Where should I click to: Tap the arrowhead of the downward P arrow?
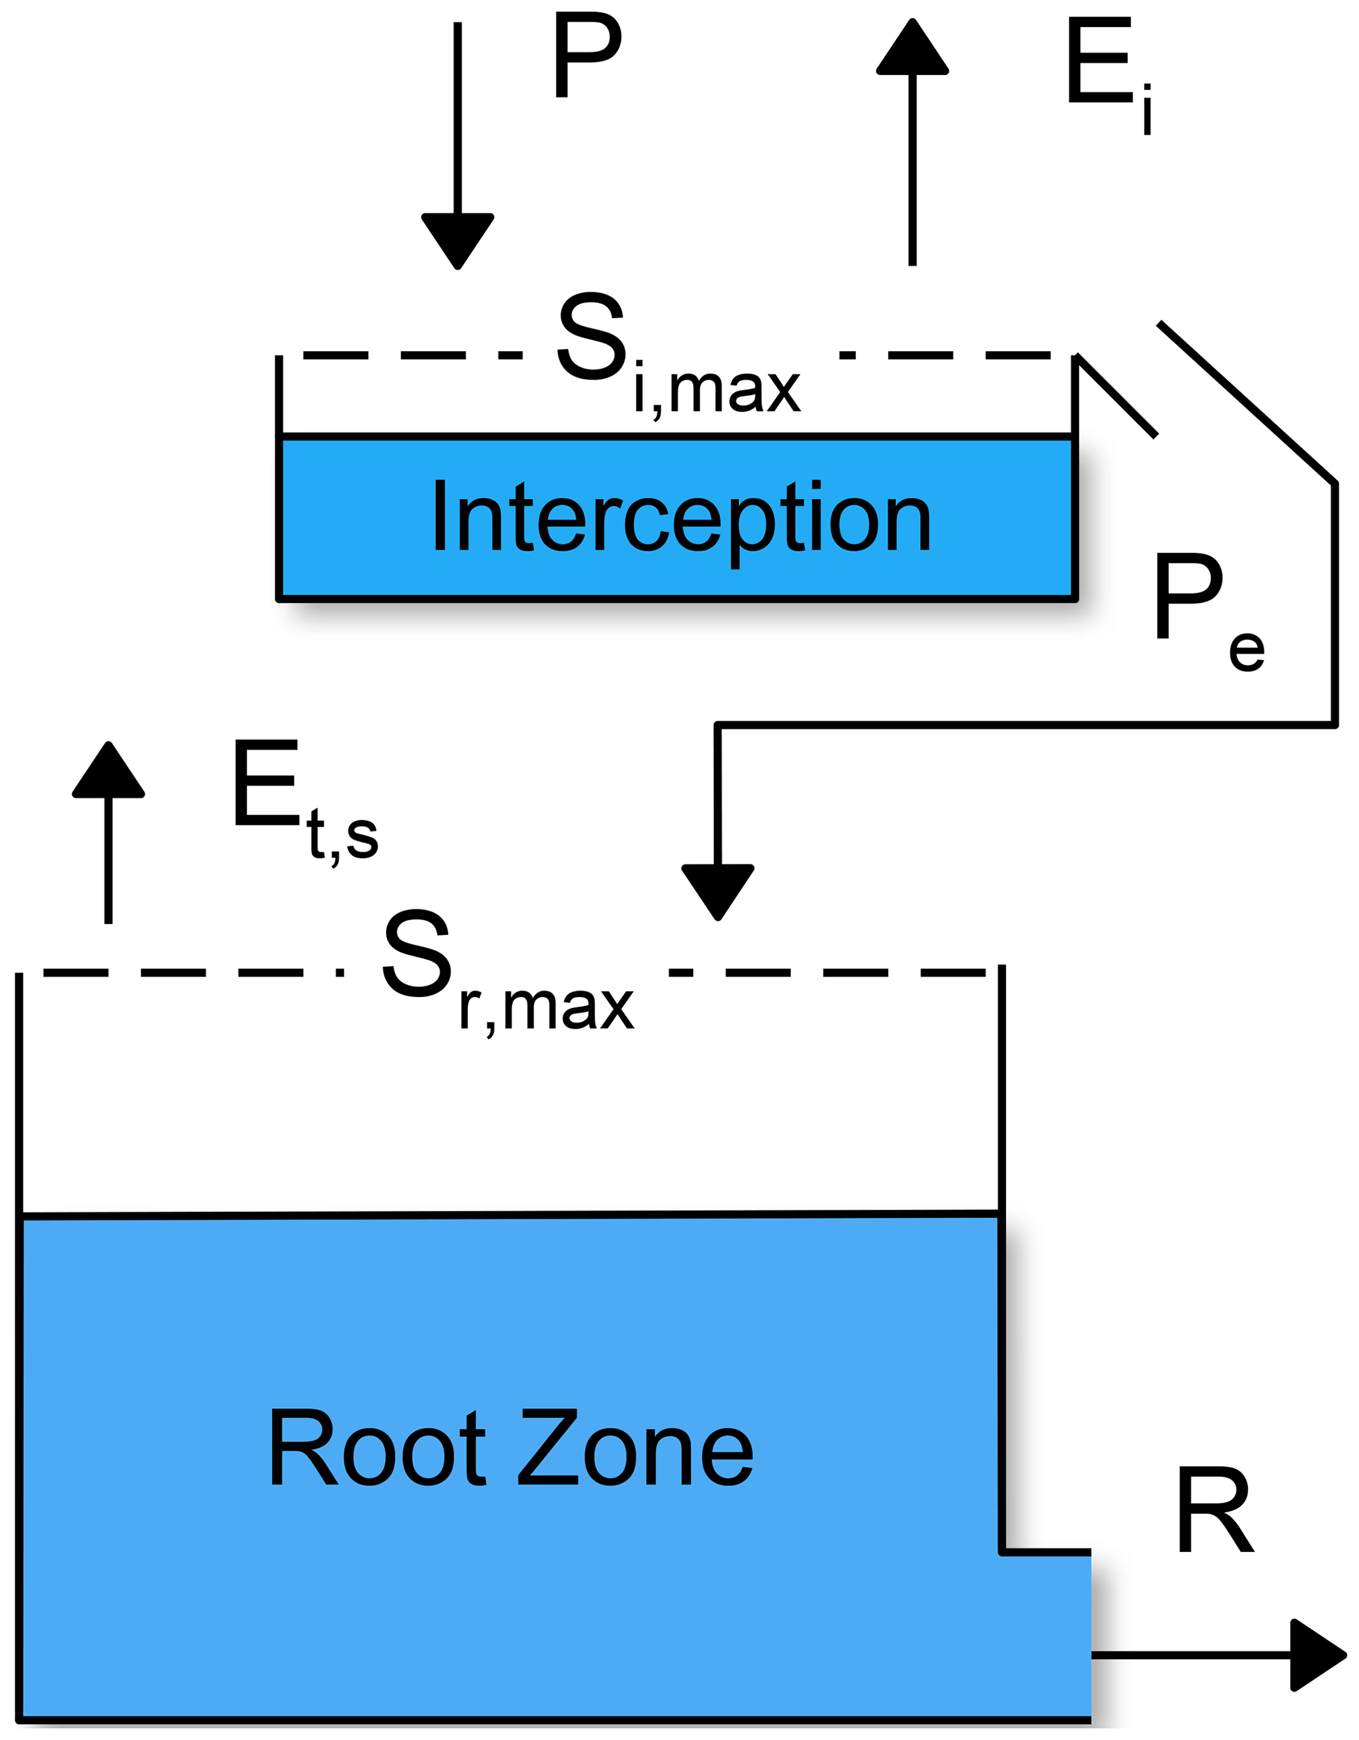tap(458, 239)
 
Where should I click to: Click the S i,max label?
tap(677, 354)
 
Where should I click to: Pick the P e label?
tap(1207, 610)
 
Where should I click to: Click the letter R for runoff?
tap(1215, 1510)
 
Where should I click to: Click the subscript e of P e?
tap(1246, 652)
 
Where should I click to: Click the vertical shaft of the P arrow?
tap(458, 120)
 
